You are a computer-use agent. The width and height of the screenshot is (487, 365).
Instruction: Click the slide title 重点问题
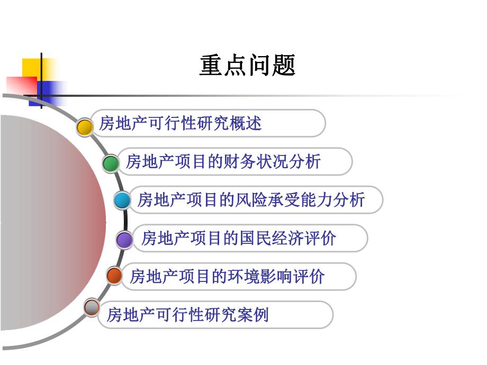[247, 66]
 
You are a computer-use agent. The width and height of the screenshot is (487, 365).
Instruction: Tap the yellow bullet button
[85, 127]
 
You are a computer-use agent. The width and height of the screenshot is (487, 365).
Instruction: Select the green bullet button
[111, 163]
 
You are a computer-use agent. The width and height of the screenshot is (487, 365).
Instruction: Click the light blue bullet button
[122, 200]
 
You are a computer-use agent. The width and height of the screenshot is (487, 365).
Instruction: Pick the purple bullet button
[125, 240]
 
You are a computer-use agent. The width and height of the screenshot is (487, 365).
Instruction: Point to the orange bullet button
[114, 276]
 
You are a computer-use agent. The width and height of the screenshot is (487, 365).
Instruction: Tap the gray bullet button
[92, 307]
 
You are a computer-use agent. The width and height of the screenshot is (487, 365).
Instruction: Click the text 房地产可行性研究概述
[181, 124]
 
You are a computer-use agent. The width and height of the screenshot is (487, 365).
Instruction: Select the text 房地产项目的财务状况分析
[223, 161]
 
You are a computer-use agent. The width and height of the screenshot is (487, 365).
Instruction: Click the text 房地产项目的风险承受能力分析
[251, 200]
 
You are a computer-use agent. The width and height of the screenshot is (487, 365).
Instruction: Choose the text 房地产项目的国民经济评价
[238, 238]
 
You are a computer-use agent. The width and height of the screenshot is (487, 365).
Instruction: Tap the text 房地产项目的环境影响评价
[227, 276]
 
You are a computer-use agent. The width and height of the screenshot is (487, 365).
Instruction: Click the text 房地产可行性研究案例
[188, 315]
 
